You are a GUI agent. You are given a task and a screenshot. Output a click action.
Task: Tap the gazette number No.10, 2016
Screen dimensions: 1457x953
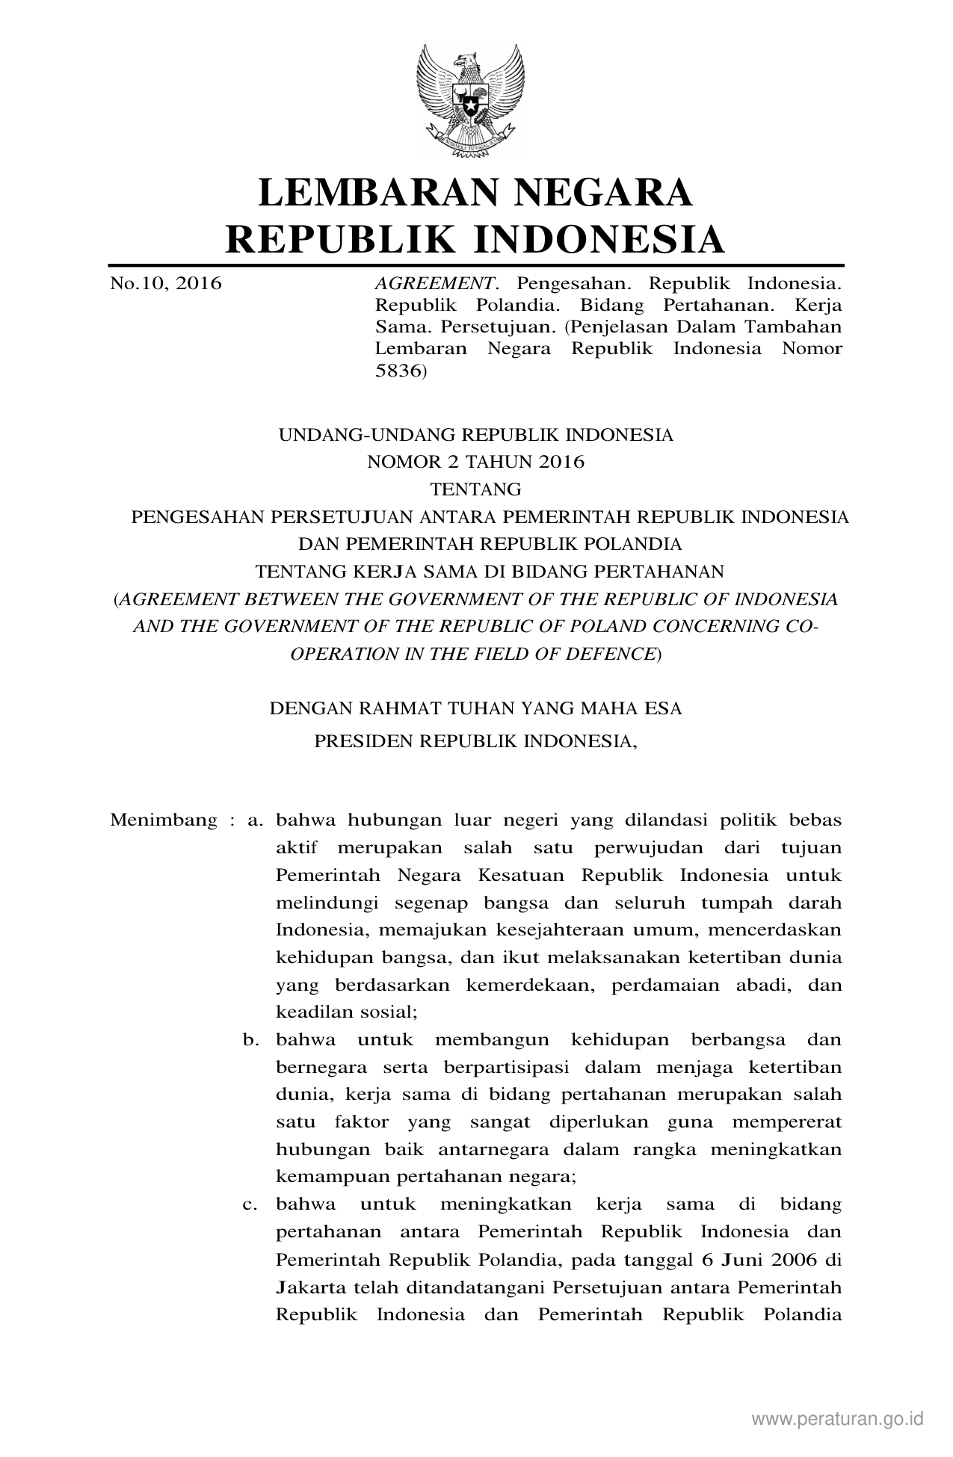(166, 284)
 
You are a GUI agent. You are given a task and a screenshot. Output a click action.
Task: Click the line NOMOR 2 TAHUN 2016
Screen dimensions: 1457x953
(475, 462)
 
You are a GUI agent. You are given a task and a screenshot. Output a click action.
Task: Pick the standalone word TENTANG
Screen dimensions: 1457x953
(475, 489)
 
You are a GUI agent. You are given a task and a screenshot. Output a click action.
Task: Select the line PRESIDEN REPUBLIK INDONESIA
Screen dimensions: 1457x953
(475, 741)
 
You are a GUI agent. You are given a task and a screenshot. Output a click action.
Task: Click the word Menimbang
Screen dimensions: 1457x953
(164, 820)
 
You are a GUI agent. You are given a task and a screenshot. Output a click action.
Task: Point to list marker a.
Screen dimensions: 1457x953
(255, 820)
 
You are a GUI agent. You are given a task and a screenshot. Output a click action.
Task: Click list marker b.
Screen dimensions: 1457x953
(250, 1039)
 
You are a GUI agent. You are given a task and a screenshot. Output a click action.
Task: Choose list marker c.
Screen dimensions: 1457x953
(250, 1204)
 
